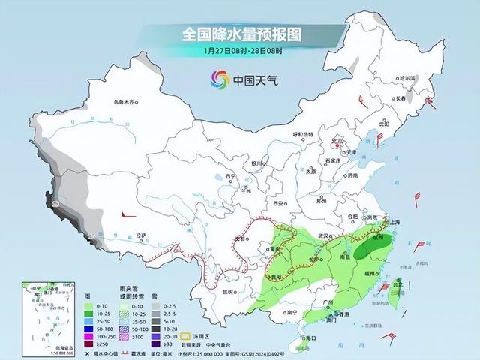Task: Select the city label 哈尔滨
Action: click(406, 77)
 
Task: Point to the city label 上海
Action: click(398, 223)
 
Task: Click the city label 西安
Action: click(280, 203)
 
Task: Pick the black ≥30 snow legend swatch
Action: click(156, 344)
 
